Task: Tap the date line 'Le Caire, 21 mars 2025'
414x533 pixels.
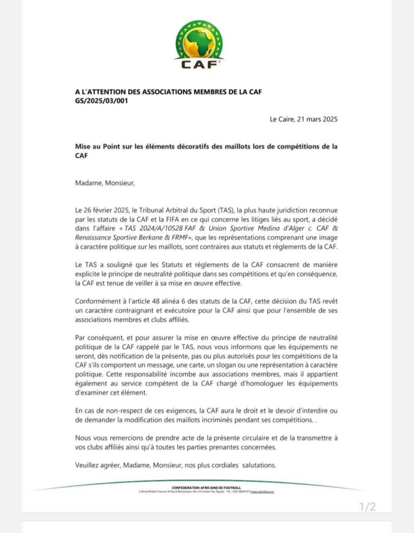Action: coord(304,119)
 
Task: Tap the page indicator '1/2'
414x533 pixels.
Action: coord(367,506)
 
